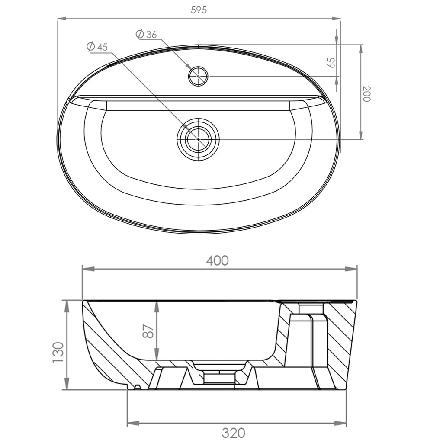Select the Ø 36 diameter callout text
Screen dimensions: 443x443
pos(146,35)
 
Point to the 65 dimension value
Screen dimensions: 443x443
pos(332,62)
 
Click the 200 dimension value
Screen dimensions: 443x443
pos(367,93)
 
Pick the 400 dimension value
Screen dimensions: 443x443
pos(217,260)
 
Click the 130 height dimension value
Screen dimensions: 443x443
pos(58,352)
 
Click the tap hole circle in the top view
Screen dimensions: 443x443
pos(199,76)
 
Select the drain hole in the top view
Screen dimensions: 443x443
pos(198,139)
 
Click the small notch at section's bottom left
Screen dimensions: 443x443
pos(138,386)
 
